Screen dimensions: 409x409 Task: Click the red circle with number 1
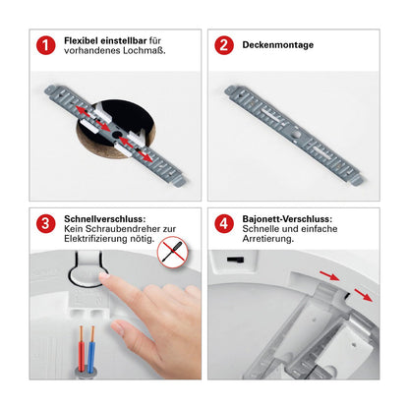click(44, 45)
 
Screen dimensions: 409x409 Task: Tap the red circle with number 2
click(224, 45)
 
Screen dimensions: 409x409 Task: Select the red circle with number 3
click(44, 223)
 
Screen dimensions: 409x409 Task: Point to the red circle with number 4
click(224, 223)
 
